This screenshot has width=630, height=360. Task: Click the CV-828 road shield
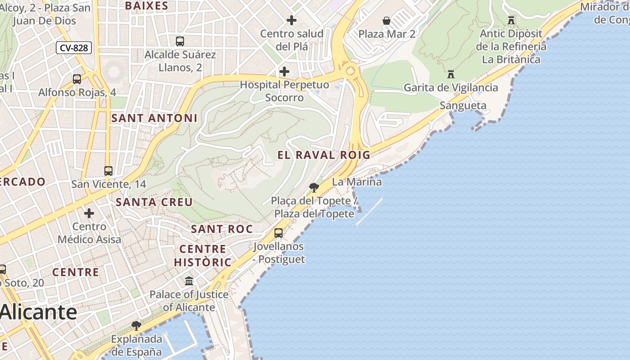point(74,48)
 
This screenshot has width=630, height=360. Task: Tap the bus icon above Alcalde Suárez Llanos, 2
point(180,41)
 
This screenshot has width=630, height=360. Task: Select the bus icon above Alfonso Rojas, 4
point(77,79)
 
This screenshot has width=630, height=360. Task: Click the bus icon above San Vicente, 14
point(108,171)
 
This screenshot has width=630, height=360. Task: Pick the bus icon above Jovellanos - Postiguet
point(279,233)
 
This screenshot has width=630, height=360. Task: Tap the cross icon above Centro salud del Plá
point(292,20)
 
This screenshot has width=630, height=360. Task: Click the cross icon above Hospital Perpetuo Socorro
point(284,72)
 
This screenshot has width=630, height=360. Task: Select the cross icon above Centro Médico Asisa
point(89,213)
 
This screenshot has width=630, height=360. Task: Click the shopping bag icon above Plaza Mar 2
point(387,21)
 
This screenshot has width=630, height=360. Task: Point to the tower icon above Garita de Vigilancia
point(451,74)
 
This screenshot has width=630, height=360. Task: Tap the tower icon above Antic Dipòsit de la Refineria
point(511,20)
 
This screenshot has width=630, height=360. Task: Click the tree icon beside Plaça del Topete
point(314,188)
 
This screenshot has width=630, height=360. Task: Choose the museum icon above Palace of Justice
point(189,281)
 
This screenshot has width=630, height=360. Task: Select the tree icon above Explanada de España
point(136,325)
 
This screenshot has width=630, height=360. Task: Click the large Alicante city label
point(39,312)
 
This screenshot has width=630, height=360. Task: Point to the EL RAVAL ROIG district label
point(324,155)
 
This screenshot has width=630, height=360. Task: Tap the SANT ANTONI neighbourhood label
point(154,118)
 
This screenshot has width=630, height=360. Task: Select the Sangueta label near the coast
point(463,106)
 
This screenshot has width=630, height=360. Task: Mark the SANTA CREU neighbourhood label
point(154,202)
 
